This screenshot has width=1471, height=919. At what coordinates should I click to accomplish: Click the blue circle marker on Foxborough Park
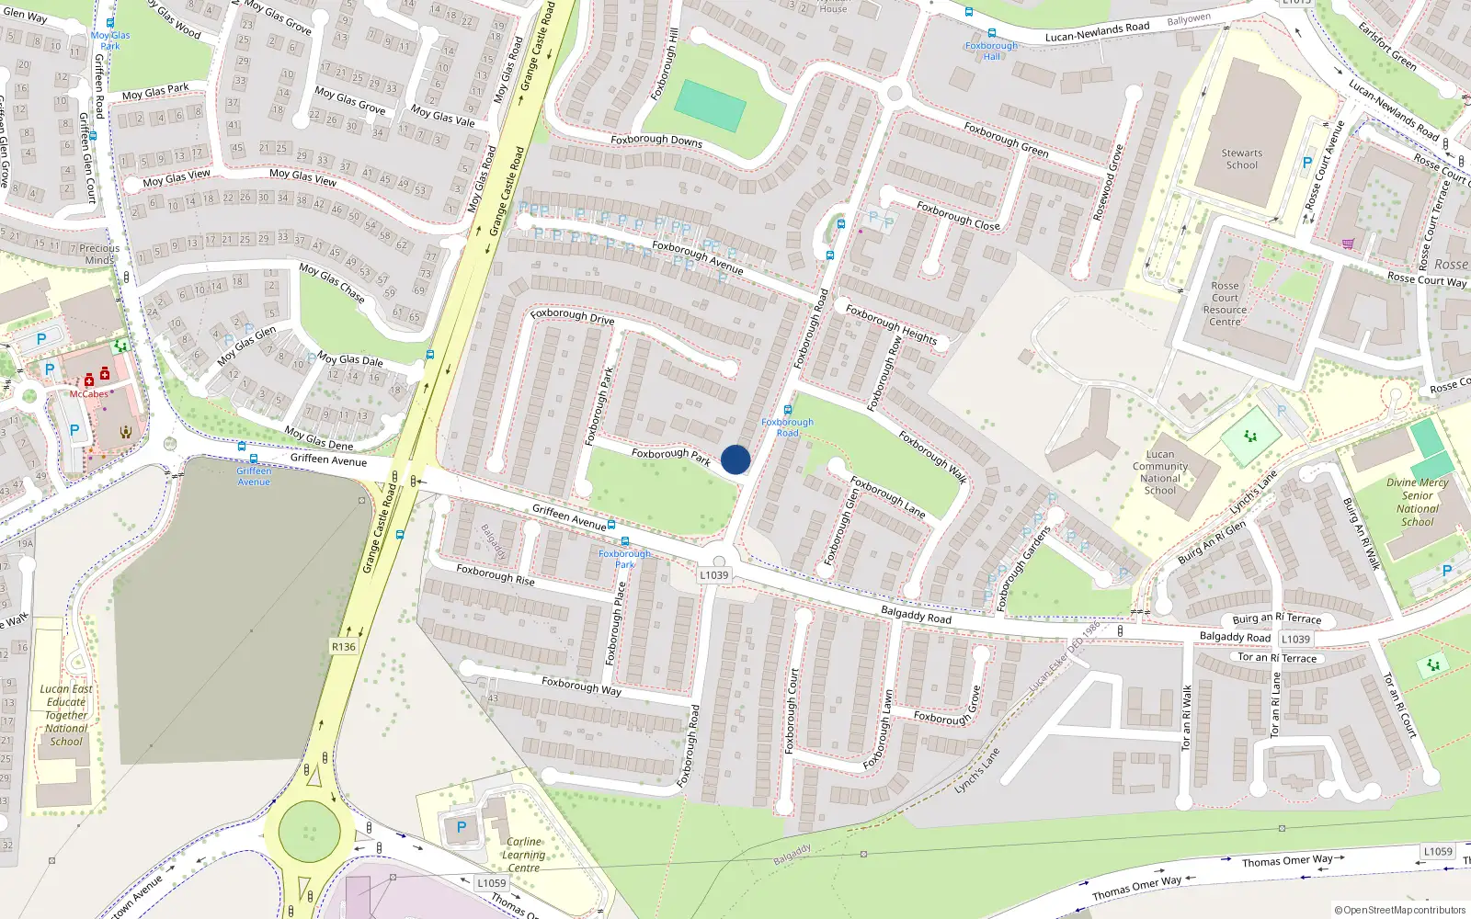[735, 459]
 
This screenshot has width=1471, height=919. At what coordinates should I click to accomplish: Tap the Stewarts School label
[1242, 159]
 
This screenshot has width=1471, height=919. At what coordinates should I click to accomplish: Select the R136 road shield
[343, 647]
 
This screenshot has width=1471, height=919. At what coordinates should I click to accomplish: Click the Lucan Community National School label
[1160, 472]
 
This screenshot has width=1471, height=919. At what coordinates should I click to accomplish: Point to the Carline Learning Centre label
[524, 855]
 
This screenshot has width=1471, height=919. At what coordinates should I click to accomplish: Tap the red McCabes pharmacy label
[89, 394]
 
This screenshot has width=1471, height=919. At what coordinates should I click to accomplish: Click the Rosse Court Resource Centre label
[1225, 304]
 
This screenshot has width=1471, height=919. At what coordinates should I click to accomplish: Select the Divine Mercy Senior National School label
[1417, 502]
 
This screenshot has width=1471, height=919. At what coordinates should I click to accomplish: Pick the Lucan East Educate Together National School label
[66, 715]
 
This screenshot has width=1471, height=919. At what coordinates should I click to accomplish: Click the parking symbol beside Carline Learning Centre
[462, 827]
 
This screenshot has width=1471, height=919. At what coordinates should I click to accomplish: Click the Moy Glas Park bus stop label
[110, 40]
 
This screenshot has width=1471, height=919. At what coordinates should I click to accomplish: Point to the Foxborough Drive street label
[572, 316]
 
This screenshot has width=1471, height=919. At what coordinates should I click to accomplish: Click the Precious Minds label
[99, 254]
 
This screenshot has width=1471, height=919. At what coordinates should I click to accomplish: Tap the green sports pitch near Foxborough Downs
[710, 106]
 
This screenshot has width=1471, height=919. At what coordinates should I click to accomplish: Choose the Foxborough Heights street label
[891, 324]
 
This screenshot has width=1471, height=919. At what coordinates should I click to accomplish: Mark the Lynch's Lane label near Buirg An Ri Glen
[1253, 493]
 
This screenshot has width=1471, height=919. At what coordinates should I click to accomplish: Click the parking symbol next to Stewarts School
[1307, 163]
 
